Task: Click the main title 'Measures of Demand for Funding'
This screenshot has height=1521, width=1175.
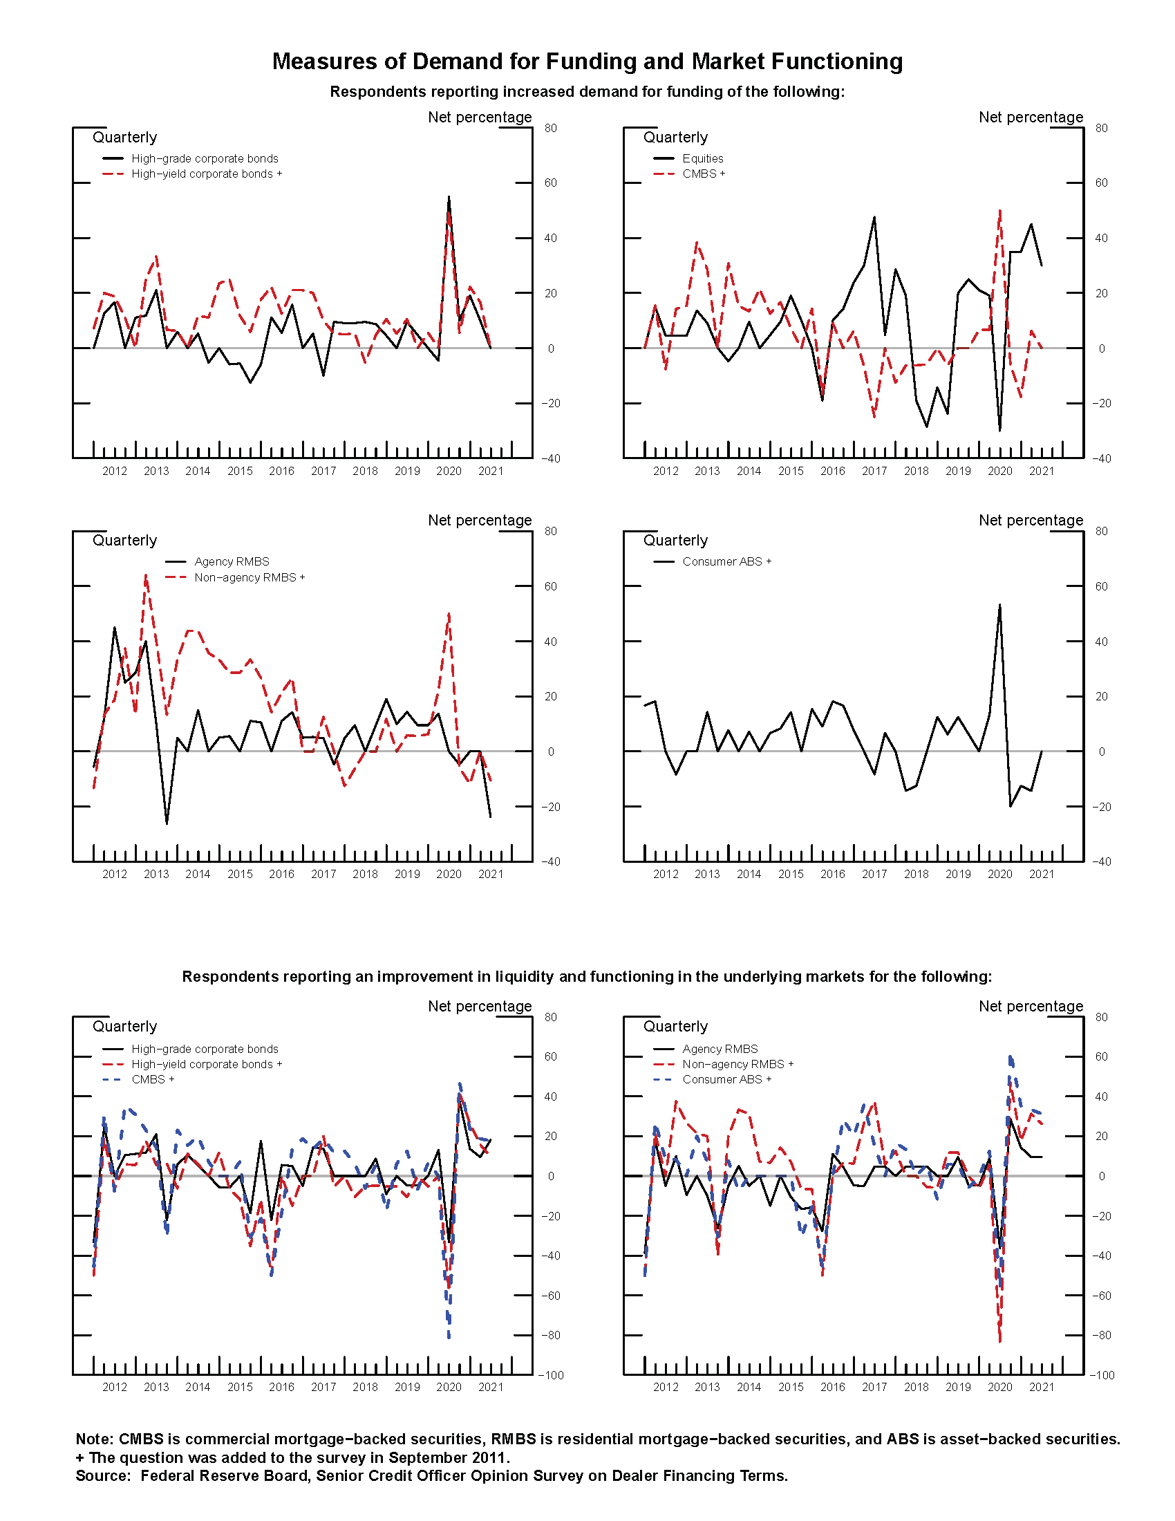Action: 587,62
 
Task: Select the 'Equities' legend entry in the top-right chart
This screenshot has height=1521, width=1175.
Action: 702,159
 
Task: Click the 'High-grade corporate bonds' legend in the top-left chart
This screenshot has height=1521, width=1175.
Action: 204,159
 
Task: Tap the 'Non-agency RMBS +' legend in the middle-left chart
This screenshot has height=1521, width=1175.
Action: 250,577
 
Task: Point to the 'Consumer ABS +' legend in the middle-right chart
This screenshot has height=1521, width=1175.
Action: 726,561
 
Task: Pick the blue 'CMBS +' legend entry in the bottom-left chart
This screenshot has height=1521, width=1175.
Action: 153,1079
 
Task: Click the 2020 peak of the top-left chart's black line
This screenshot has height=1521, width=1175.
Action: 449,197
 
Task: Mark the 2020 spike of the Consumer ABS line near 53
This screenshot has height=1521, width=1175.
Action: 999,604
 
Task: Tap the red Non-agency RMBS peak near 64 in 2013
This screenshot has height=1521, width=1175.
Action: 145,575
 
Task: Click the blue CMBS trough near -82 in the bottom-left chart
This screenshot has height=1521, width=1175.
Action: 449,1338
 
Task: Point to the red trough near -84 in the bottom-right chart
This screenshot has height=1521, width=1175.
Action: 999,1341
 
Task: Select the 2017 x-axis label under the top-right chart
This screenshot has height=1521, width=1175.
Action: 874,472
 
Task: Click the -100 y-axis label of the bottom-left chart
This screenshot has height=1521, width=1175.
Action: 551,1375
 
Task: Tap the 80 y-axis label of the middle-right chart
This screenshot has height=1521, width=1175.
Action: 1101,532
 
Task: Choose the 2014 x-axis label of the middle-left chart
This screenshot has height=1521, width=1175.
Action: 198,874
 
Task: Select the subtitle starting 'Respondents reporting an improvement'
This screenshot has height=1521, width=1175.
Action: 587,976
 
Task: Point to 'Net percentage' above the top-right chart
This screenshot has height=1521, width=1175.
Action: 1031,117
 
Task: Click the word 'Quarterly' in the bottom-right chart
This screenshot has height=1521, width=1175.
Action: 675,1027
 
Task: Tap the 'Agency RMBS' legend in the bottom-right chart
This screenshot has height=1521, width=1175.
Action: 720,1049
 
